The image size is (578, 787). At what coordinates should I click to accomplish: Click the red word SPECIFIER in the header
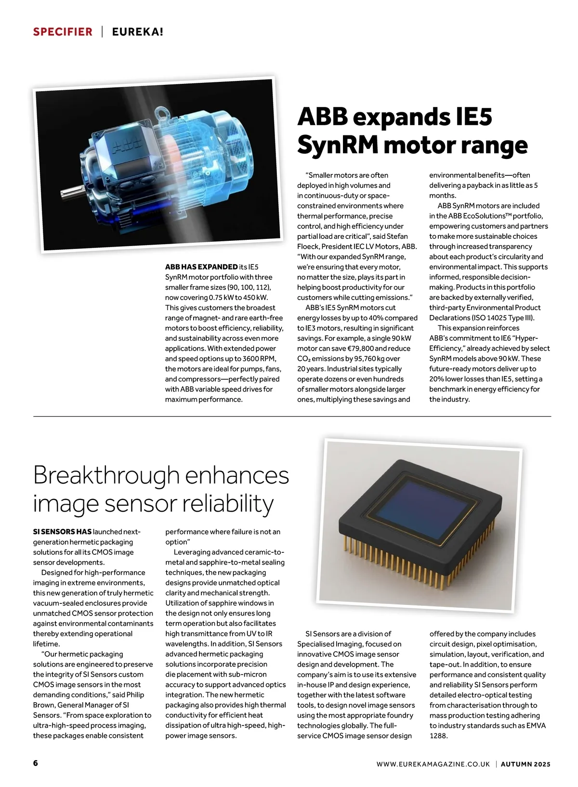click(63, 32)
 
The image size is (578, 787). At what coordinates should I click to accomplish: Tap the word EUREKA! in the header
click(137, 32)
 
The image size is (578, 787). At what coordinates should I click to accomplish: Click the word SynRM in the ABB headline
click(338, 144)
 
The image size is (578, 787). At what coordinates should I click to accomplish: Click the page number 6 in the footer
click(36, 763)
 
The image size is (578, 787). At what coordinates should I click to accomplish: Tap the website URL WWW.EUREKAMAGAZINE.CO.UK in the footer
click(433, 764)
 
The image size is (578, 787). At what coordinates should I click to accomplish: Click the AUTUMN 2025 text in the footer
click(525, 764)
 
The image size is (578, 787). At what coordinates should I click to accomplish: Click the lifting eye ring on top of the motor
click(164, 114)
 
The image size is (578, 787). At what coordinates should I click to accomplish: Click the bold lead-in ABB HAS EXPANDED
click(201, 267)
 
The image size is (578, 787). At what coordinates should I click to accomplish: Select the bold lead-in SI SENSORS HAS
click(62, 532)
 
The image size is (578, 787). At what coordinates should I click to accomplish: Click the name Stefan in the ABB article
click(397, 236)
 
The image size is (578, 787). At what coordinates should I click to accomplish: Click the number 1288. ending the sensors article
click(438, 735)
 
